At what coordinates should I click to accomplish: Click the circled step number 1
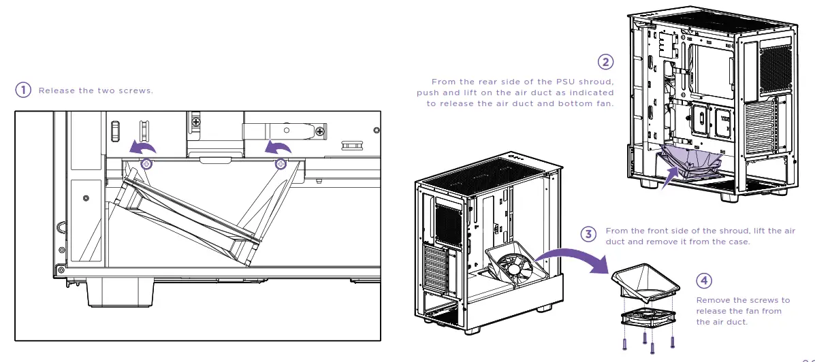click(x=23, y=90)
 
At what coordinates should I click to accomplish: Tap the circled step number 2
click(x=605, y=62)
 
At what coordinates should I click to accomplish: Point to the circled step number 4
click(x=704, y=280)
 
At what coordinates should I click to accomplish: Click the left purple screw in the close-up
click(x=146, y=164)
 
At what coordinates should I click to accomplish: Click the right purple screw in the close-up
click(x=280, y=164)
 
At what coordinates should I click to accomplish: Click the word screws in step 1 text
click(x=137, y=90)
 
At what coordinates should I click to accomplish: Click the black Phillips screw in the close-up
click(x=197, y=122)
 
